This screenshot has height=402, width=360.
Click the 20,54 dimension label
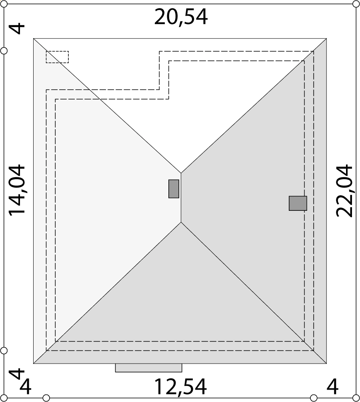[x=181, y=17]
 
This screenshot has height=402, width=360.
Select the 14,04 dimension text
[x=17, y=190]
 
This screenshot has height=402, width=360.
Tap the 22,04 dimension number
[x=344, y=190]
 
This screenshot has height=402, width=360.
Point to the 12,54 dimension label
[x=180, y=387]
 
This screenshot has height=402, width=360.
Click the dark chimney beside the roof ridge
[x=174, y=189]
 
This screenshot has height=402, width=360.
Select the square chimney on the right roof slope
[x=298, y=203]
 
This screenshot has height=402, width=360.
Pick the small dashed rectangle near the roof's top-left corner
[x=57, y=57]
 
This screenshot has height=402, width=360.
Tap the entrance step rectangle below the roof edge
[x=148, y=368]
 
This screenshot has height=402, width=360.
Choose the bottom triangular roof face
[x=181, y=304]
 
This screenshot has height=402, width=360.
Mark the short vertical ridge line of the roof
[x=181, y=198]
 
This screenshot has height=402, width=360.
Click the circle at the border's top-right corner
[x=356, y=4]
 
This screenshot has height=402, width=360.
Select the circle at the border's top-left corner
[x=4, y=4]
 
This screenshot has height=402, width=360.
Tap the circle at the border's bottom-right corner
[x=356, y=398]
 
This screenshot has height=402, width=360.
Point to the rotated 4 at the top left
[x=17, y=29]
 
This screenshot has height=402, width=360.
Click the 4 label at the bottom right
[x=332, y=387]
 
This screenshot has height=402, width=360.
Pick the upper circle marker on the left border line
[x=4, y=51]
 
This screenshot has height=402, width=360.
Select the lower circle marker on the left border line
[x=4, y=351]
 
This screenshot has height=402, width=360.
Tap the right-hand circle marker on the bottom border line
[x=314, y=398]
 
